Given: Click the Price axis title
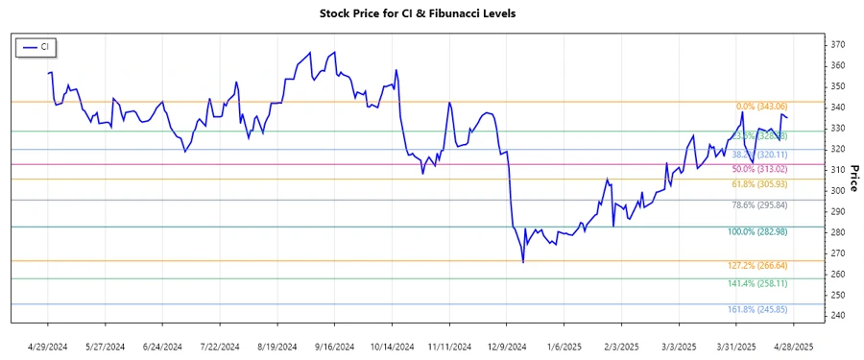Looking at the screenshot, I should coord(852,180).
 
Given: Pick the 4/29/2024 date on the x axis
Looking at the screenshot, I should coord(48,346).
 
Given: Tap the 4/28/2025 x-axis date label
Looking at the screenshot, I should coord(793,346).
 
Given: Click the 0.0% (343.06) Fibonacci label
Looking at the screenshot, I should coord(761,107).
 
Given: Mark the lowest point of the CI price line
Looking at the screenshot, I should coord(522,262).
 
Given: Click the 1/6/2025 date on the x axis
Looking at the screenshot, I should coord(565,346).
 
